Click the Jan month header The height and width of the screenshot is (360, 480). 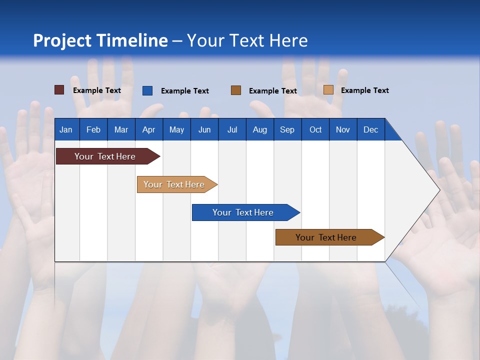(x=66, y=130)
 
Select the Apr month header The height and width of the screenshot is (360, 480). (x=148, y=130)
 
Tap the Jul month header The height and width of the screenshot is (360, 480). (x=232, y=130)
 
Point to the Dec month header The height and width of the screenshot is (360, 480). (x=370, y=130)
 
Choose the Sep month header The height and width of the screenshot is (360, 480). (x=287, y=130)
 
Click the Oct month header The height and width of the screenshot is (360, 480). (x=315, y=130)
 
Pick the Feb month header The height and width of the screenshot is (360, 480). (x=93, y=130)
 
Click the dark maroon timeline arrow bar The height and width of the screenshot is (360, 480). (x=105, y=156)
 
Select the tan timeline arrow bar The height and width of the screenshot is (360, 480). (x=174, y=184)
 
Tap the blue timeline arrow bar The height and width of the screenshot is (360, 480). (x=243, y=212)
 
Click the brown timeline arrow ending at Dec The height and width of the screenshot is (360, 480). (x=326, y=237)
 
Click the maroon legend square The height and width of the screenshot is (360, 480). (x=59, y=90)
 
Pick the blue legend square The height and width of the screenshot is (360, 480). (x=147, y=90)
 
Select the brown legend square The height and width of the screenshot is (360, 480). (x=236, y=90)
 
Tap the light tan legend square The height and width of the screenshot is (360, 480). (x=328, y=90)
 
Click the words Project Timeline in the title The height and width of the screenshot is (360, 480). (x=100, y=40)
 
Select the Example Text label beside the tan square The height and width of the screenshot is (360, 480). (x=364, y=90)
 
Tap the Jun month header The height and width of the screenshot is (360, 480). (x=204, y=130)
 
